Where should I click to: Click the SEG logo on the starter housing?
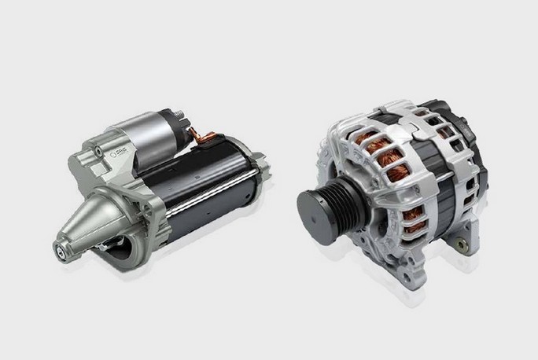click(120, 152)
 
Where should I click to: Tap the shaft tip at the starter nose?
click(59, 251)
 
